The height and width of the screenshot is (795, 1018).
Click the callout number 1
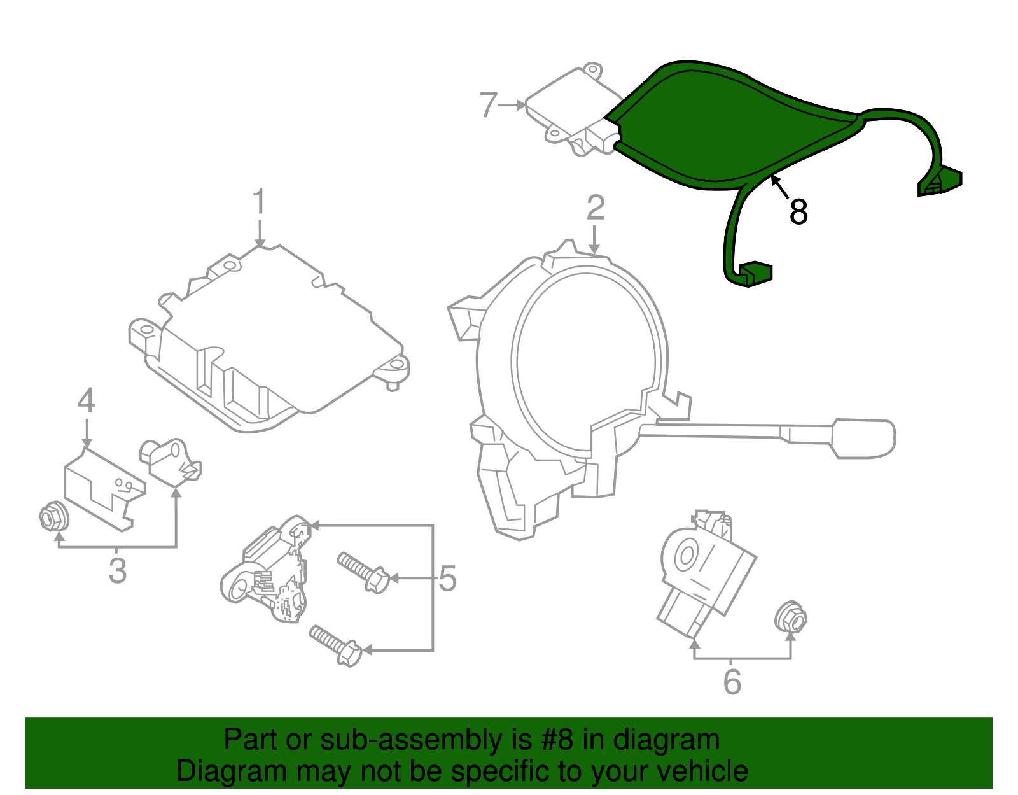click(258, 202)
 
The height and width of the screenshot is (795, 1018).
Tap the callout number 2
click(595, 208)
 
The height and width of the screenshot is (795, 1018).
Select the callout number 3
click(118, 571)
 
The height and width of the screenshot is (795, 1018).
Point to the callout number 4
click(87, 401)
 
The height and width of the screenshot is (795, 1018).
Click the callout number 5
click(448, 579)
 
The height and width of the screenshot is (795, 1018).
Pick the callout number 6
click(732, 682)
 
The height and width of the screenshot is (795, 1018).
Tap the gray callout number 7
click(488, 105)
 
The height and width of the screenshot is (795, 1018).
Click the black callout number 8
click(798, 211)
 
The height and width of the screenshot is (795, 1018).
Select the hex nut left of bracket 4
click(53, 517)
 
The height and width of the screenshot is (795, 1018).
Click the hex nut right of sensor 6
click(791, 616)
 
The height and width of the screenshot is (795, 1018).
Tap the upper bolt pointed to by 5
click(363, 572)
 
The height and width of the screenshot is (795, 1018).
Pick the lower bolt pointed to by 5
click(336, 645)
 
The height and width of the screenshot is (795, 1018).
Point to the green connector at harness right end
click(940, 181)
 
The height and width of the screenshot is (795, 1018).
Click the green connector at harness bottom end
click(755, 273)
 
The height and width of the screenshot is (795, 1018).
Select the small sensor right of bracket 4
click(171, 460)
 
